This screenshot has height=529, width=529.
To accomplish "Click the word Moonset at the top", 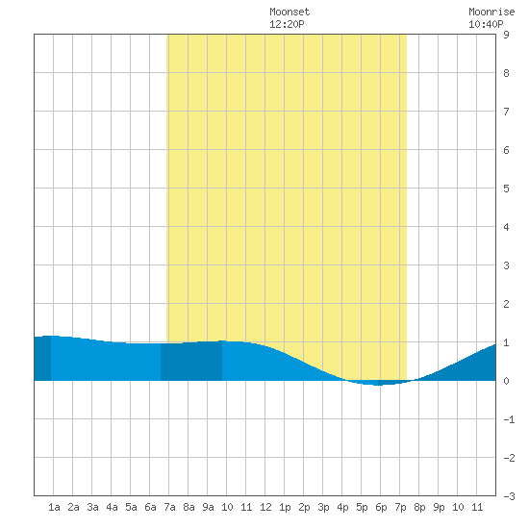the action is coord(290,12).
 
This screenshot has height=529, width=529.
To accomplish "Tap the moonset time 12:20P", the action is coord(287,24).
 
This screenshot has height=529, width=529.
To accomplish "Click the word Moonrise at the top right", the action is coord(491,12).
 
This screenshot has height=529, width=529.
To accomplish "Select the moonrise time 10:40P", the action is coord(486,24).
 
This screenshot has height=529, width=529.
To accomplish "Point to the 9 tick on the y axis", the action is coord(506,35).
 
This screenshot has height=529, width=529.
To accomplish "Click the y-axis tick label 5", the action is coord(506,189).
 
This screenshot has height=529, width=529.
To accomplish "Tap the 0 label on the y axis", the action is coord(506,381).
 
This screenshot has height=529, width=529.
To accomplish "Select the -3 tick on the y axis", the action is coord(509,496).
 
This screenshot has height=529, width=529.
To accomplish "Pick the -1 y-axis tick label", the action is coord(509,419).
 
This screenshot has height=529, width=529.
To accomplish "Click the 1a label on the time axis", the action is coord(54,507).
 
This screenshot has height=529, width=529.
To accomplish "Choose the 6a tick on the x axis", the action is coord(150,507).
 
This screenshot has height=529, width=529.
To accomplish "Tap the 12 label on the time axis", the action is coord(265,507).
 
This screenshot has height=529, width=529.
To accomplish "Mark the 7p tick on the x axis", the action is coord(400,507).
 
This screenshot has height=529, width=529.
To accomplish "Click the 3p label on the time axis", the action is coord(323,507).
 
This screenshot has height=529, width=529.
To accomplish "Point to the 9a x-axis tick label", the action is coord(208,507).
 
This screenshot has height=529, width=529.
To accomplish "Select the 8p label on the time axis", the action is coord(419,507).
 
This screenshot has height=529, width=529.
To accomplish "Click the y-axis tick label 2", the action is coord(506,304).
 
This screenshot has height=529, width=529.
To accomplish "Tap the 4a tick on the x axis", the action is coord(112,507).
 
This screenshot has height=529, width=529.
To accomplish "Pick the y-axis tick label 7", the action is coord(506,112).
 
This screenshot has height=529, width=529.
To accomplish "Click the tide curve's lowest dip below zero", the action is coord(379,385).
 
